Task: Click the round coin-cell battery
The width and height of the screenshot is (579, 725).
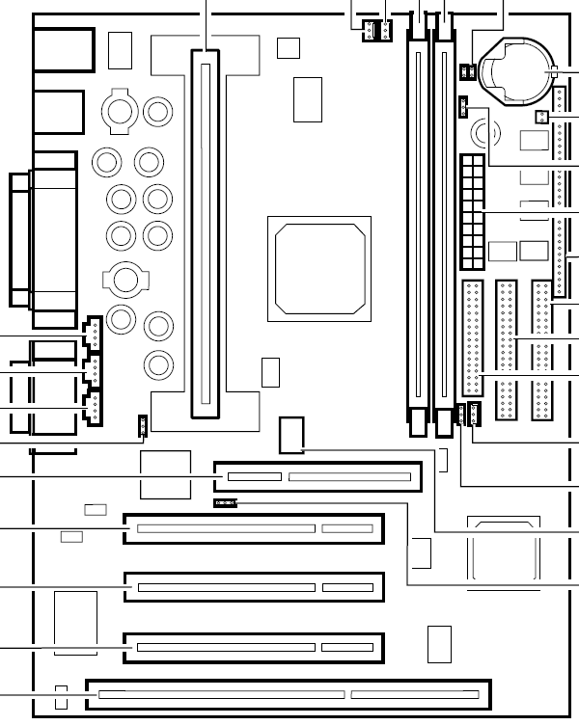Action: pyautogui.click(x=522, y=69)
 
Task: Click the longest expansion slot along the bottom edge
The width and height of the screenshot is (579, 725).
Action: pyautogui.click(x=289, y=694)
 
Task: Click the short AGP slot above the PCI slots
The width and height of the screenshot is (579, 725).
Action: pyautogui.click(x=318, y=476)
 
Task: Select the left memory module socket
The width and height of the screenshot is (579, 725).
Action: pyautogui.click(x=418, y=231)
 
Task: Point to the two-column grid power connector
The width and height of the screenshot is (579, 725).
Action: pyautogui.click(x=471, y=212)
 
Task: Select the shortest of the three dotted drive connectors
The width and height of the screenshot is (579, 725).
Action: pyautogui.click(x=472, y=337)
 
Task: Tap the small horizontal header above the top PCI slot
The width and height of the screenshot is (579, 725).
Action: pyautogui.click(x=225, y=502)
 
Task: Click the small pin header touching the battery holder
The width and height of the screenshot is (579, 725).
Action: pyautogui.click(x=467, y=71)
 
